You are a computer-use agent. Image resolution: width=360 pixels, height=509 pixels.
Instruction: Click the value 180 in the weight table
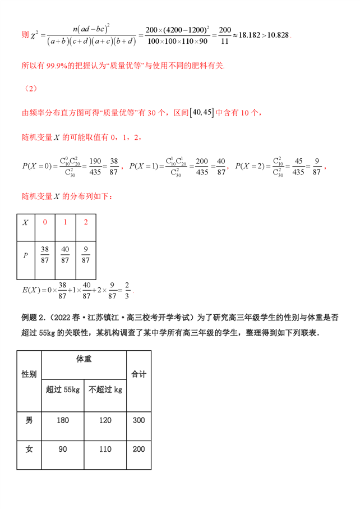click(62, 420)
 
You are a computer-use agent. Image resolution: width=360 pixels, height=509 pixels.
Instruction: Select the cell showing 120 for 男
click(106, 420)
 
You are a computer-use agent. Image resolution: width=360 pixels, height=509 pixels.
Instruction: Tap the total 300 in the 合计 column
click(139, 420)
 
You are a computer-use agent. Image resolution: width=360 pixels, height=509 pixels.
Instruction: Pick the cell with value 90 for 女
click(62, 449)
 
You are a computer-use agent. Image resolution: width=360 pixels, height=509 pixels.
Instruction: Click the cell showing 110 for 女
click(106, 449)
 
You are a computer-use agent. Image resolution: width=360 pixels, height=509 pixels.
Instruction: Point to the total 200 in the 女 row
click(139, 449)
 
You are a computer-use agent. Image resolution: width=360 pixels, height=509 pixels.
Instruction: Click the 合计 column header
click(139, 374)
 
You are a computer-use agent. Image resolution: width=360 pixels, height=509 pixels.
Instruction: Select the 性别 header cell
click(29, 374)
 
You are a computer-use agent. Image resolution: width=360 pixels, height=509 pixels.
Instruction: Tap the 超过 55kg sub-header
click(62, 389)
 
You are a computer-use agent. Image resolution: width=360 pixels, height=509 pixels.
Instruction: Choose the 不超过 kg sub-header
click(106, 389)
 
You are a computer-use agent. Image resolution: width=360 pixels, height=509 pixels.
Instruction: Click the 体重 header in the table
click(84, 359)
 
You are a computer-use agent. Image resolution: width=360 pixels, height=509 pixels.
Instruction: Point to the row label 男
click(29, 420)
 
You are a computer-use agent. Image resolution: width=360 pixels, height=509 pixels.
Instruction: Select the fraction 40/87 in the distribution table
click(65, 255)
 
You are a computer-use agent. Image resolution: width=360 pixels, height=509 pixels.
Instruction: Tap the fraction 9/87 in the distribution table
click(85, 255)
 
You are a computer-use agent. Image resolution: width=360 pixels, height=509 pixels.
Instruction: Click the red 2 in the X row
click(85, 222)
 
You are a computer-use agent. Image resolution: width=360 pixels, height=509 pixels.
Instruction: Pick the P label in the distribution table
click(25, 255)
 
